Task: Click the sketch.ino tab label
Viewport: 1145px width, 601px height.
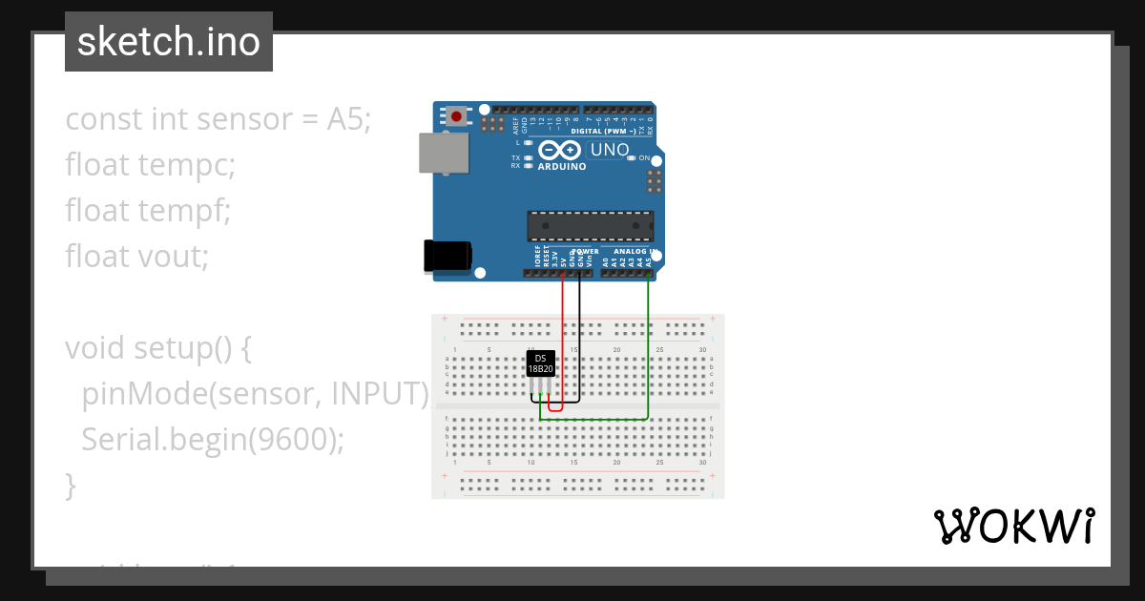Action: pyautogui.click(x=168, y=42)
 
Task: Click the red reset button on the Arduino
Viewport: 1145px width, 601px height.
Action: pyautogui.click(x=457, y=116)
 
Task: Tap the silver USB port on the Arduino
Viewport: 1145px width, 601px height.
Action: pyautogui.click(x=444, y=153)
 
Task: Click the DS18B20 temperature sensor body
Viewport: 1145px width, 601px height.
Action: pyautogui.click(x=541, y=363)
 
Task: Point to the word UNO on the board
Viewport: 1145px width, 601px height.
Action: pyautogui.click(x=610, y=150)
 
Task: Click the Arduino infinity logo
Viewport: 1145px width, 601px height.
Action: pyautogui.click(x=560, y=151)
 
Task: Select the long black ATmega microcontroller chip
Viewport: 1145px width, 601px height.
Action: pyautogui.click(x=591, y=226)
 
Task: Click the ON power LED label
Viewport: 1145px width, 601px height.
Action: pyautogui.click(x=644, y=158)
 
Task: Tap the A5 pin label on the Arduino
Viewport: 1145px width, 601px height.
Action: pyautogui.click(x=649, y=260)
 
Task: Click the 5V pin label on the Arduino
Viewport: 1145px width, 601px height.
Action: pyautogui.click(x=563, y=259)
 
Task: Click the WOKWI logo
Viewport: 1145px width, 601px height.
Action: pyautogui.click(x=1013, y=526)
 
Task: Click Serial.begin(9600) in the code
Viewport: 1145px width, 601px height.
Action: pyautogui.click(x=212, y=439)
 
